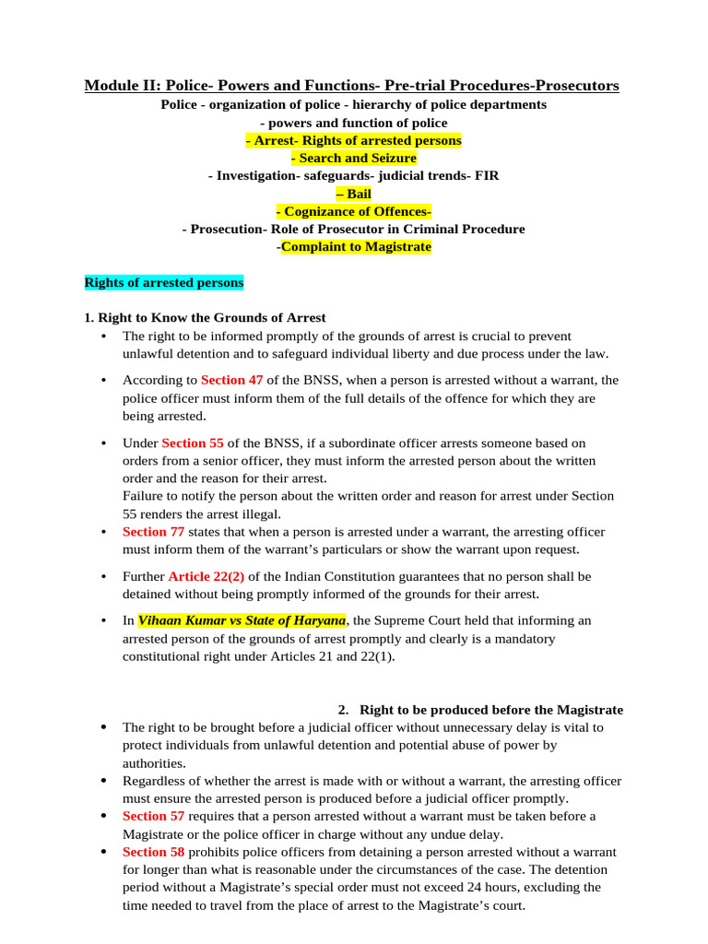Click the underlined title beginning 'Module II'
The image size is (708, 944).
click(352, 86)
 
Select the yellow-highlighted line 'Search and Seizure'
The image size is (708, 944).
click(353, 158)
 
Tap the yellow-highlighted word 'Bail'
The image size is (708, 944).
click(353, 194)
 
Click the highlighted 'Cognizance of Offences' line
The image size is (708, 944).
click(353, 211)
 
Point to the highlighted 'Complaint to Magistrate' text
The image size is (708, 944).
click(356, 247)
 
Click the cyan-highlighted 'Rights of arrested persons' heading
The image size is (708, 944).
click(164, 282)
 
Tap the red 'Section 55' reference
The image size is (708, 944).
click(193, 442)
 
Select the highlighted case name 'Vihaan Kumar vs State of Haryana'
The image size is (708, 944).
click(242, 620)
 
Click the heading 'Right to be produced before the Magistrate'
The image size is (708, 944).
click(490, 710)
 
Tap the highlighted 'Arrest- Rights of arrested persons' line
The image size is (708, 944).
click(353, 140)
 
